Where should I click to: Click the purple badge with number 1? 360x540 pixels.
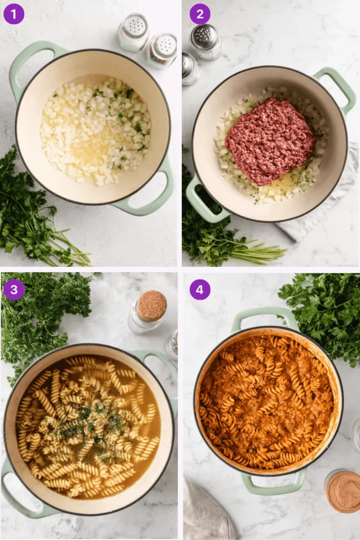[x=14, y=14]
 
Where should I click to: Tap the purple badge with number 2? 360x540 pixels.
[x=200, y=14]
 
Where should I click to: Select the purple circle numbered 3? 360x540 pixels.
[x=14, y=290]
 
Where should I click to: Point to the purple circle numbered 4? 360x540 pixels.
[x=200, y=290]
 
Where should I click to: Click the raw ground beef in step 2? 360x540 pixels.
[x=269, y=140]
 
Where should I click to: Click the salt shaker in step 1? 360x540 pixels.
[x=133, y=32]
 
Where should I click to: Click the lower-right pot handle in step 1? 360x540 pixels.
[x=153, y=195]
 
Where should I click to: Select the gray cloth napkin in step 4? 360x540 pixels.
[x=208, y=514]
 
